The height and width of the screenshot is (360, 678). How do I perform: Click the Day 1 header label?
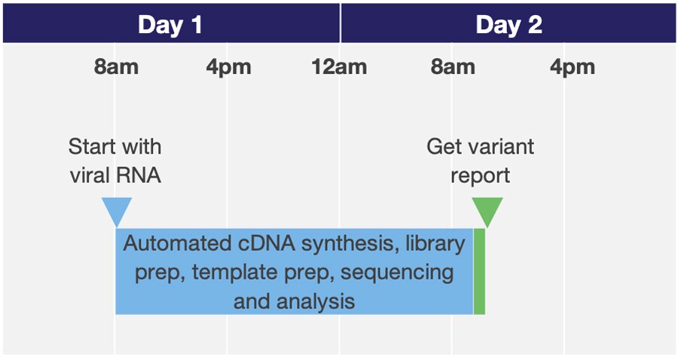[170, 25]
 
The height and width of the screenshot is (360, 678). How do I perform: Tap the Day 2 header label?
[508, 25]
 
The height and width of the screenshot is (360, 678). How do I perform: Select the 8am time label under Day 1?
[116, 67]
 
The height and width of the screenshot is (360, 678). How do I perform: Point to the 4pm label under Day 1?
[228, 67]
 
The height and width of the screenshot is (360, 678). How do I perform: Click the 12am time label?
[339, 67]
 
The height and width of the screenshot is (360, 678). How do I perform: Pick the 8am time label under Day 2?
[453, 67]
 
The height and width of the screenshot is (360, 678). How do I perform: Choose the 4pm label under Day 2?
[573, 67]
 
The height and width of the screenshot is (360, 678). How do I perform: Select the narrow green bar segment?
[480, 271]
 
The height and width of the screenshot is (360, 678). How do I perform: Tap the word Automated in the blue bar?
[177, 243]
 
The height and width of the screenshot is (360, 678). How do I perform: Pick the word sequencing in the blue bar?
[397, 273]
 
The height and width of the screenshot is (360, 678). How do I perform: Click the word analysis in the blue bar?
[316, 301]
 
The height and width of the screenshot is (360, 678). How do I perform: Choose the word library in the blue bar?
[435, 244]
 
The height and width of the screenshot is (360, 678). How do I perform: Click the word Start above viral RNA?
[89, 147]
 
